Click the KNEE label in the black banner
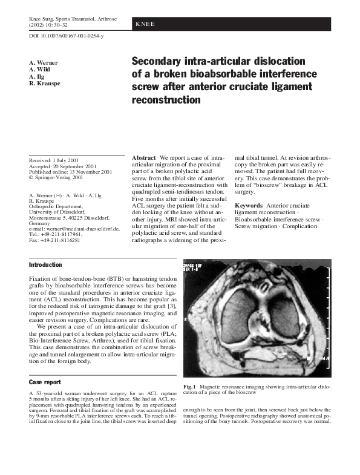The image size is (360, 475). pyautogui.click(x=146, y=24)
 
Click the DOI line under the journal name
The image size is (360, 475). pyautogui.click(x=66, y=37)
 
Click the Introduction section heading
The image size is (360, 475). pyautogui.click(x=45, y=265)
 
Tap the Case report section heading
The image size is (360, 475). pyautogui.click(x=45, y=382)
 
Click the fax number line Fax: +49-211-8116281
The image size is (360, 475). pyautogui.click(x=55, y=241)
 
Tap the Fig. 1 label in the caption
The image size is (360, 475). pyautogui.click(x=189, y=386)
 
